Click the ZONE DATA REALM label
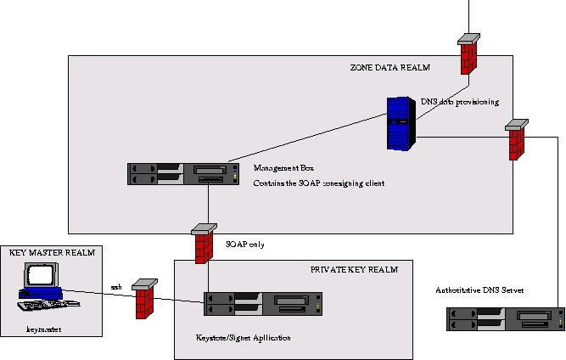[x=390, y=68]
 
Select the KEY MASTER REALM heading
[x=51, y=253]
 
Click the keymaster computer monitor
[x=39, y=277]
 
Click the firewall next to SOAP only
[x=203, y=245]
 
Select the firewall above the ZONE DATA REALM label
[x=468, y=55]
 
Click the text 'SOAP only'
[x=244, y=245]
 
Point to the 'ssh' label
[x=116, y=287]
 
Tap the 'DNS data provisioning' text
[x=459, y=102]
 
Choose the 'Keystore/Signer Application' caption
[x=244, y=338]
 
